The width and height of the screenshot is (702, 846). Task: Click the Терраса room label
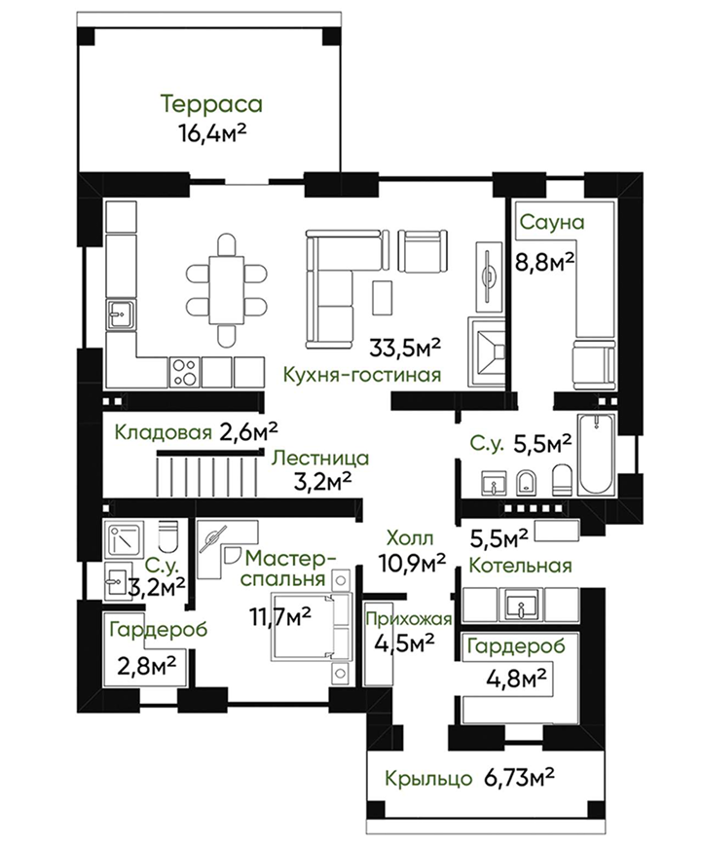tap(211, 104)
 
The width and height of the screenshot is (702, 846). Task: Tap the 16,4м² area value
tap(212, 132)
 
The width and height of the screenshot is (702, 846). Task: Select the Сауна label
tap(552, 222)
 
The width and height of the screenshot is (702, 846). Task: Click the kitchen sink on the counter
tap(121, 314)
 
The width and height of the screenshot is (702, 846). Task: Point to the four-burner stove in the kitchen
tap(185, 372)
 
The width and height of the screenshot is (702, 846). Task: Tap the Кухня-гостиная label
tap(362, 375)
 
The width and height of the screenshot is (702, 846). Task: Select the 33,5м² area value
tap(405, 348)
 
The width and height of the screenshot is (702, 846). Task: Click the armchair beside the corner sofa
tap(423, 251)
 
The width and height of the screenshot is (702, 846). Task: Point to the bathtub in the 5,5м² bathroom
tap(596, 455)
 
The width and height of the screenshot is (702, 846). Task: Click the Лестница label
tap(320, 459)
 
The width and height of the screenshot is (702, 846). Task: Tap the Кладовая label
tap(163, 432)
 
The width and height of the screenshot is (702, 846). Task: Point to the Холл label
tap(410, 538)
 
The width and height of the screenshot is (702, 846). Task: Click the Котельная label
tap(520, 566)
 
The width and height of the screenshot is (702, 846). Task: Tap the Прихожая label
tap(409, 619)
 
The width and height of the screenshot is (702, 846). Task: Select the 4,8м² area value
tap(517, 679)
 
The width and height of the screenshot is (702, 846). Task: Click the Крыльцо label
tap(428, 779)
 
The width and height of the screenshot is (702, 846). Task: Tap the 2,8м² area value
tap(147, 665)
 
